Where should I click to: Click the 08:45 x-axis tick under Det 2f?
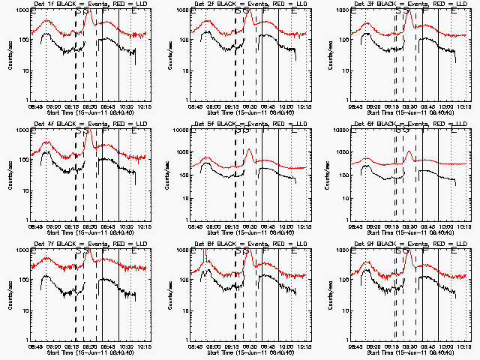194,105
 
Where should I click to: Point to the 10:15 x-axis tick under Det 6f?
466,225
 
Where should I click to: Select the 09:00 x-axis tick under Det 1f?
52,105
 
